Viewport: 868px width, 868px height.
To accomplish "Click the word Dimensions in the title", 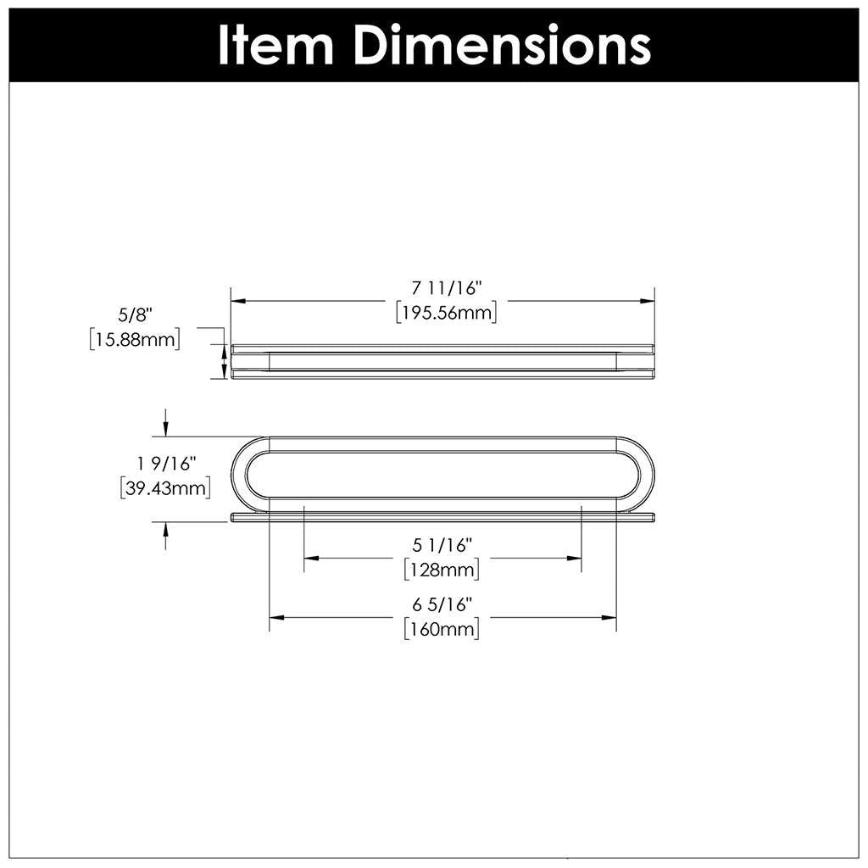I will click(x=504, y=45).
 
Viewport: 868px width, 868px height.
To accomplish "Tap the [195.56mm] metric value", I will click(x=447, y=313).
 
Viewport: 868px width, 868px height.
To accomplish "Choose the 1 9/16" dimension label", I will click(x=166, y=464).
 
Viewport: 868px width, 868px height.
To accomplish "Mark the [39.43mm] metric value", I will click(x=166, y=487).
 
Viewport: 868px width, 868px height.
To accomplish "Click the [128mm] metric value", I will click(x=442, y=568).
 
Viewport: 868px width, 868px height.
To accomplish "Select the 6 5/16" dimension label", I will click(x=442, y=604).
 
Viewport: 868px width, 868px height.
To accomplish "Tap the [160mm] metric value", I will click(x=442, y=629).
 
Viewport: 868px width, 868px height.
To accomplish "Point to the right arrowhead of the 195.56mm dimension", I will click(x=648, y=301).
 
